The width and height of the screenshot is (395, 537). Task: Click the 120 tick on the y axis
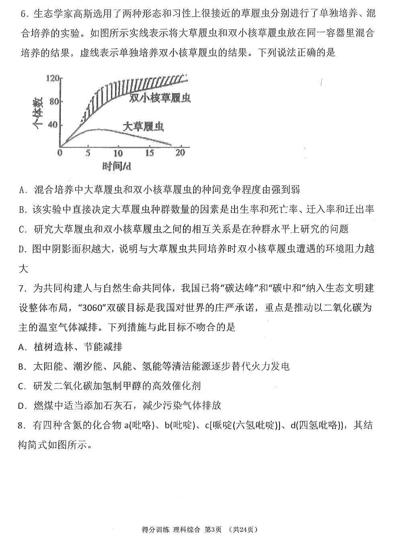tap(53, 79)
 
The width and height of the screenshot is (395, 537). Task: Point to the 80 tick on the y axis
tap(54, 101)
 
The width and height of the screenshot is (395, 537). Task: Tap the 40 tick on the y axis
tap(53, 124)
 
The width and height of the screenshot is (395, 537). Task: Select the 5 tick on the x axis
tap(88, 153)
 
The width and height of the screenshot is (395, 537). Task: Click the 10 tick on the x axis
tap(118, 153)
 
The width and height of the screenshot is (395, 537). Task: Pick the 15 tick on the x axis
tap(149, 153)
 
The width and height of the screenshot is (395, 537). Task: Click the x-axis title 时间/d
tap(117, 166)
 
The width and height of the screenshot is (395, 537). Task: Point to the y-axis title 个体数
tap(39, 114)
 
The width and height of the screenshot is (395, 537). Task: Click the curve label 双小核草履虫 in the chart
tap(160, 98)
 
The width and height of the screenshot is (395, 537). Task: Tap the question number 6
tap(23, 14)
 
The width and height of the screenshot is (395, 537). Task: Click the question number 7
tap(22, 288)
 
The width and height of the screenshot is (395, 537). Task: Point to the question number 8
tap(22, 425)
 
